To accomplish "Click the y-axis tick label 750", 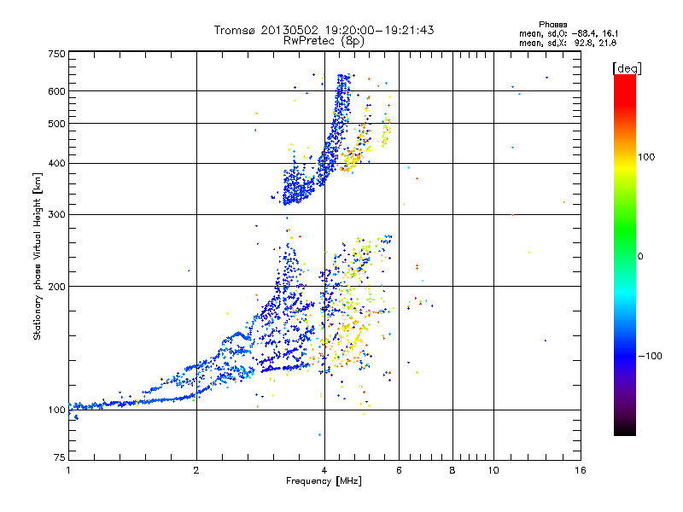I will click(55, 53).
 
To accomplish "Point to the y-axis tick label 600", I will click(55, 90).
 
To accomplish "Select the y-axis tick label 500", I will click(55, 123).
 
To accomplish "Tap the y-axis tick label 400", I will click(55, 163).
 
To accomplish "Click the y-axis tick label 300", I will click(55, 213).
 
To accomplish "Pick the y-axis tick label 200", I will click(55, 286).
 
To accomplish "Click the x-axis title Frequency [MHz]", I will click(324, 481).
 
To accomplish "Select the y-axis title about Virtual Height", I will click(38, 256).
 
